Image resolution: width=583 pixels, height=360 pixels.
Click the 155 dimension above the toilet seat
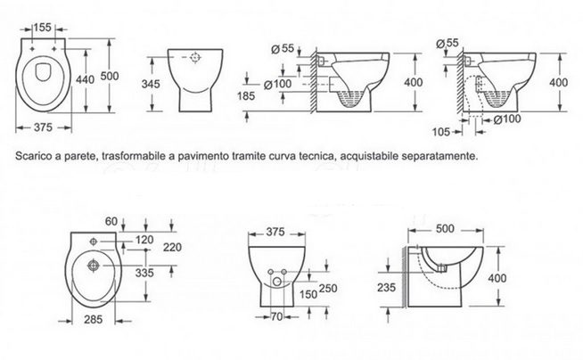coord(43,27)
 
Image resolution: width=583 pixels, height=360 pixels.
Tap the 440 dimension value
coord(86,79)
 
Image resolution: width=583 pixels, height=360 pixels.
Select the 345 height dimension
coord(151,84)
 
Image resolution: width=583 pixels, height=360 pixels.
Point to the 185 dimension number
coord(246,96)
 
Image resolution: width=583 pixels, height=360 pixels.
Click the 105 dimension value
coord(441,132)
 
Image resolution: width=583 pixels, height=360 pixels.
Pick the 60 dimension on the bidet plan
coord(111,221)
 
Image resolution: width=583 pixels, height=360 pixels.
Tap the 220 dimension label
coord(172,247)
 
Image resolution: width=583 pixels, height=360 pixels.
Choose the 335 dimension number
coord(144,273)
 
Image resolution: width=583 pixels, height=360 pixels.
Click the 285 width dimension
coord(93,319)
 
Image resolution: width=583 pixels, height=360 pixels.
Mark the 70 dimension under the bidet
coord(276,316)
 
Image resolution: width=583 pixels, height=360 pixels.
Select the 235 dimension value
coord(387,287)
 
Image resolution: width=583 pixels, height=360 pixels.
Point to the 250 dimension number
coord(328,289)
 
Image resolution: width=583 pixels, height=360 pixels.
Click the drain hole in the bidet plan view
coord(93,266)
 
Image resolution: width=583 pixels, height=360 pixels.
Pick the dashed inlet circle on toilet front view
coord(195,58)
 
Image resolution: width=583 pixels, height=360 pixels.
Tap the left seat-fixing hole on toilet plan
coord(32,49)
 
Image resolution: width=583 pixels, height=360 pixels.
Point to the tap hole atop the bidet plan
coord(94,241)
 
